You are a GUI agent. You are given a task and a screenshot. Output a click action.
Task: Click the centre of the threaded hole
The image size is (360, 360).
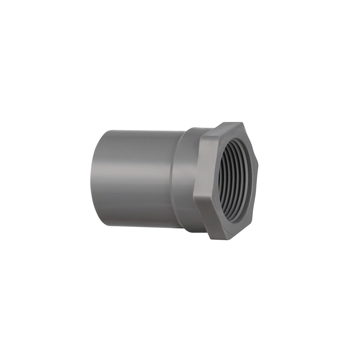click(237, 180)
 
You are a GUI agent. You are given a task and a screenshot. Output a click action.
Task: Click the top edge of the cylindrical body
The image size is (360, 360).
click(139, 131)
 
